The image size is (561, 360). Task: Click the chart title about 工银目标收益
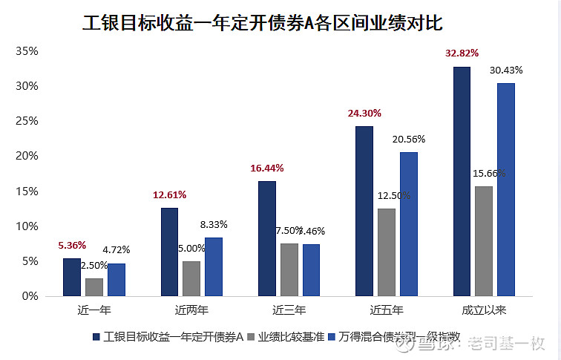point(262,22)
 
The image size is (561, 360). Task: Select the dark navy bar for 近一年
point(72,277)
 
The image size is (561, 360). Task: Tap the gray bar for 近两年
point(191,278)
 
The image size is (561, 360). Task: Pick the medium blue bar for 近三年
point(311,269)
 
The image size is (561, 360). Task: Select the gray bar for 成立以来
point(483,240)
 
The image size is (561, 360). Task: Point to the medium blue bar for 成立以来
point(505,189)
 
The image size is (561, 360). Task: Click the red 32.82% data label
point(462,53)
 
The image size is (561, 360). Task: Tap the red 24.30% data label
point(364,114)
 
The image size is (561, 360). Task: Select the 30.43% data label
point(506,71)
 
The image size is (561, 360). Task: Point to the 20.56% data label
point(409,139)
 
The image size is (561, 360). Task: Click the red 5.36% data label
point(72,245)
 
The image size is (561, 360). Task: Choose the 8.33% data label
point(214,224)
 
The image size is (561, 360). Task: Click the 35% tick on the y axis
point(27,51)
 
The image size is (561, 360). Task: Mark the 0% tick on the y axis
point(30,296)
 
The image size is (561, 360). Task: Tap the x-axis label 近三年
point(289,310)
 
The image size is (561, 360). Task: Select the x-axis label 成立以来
point(484,310)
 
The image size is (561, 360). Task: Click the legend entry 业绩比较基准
point(285,336)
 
